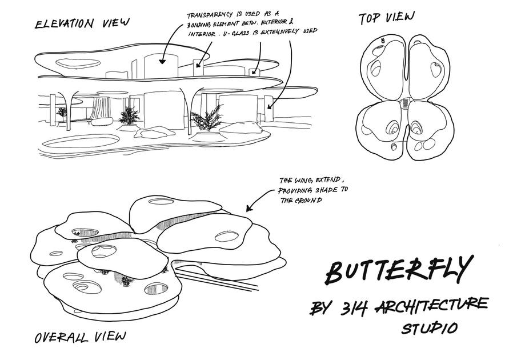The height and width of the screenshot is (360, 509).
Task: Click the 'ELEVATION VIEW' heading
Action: [x=82, y=23]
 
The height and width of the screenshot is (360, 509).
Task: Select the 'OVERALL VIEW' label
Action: [x=79, y=337]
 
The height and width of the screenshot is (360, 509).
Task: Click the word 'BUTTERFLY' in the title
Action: [x=399, y=269]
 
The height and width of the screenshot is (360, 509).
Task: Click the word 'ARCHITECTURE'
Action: [x=432, y=306]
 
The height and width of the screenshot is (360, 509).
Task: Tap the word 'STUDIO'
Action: [x=429, y=329]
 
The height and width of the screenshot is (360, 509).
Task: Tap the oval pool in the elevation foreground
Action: [x=81, y=140]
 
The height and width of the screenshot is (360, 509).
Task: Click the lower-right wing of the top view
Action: [x=430, y=129]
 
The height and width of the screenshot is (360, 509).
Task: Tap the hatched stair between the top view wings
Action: [x=405, y=103]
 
